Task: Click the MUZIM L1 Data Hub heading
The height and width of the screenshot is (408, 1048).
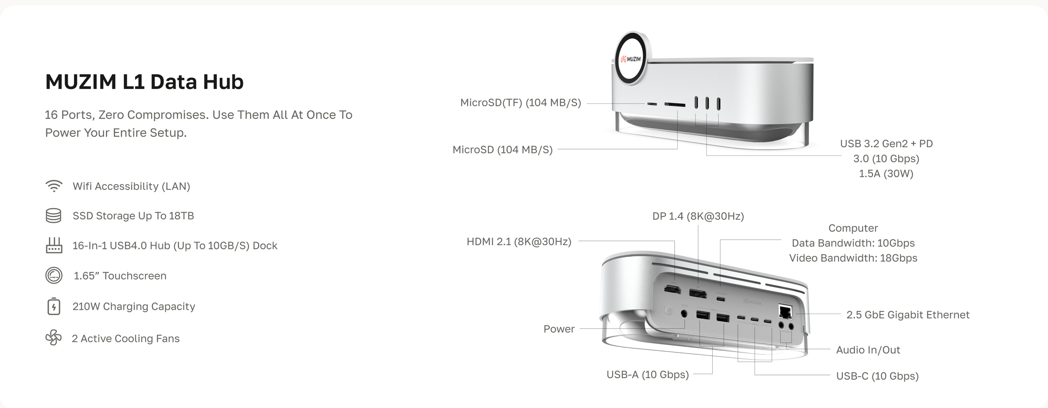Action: pos(145,82)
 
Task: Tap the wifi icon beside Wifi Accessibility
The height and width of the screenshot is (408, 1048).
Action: pos(54,186)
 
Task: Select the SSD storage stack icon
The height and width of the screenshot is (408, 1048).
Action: pos(54,215)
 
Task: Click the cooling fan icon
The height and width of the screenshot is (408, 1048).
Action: pos(54,338)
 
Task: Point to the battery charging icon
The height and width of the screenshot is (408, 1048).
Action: pos(54,306)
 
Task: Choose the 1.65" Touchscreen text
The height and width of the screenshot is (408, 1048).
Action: pos(120,276)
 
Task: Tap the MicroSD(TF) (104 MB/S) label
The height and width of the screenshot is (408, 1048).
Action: pos(521,103)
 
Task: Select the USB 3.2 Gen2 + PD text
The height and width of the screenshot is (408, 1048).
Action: pos(886,143)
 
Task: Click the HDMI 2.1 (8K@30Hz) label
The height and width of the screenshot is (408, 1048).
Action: pos(519,242)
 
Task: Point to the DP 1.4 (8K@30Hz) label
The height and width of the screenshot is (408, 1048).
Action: pos(698,216)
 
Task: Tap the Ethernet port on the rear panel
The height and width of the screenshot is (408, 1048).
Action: pos(785,312)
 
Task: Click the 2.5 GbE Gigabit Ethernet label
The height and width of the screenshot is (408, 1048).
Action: pos(908,315)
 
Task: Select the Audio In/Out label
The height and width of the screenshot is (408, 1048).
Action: pos(868,350)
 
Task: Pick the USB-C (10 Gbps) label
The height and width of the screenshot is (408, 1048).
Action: pos(877,376)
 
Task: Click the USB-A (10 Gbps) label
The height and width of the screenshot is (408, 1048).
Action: pos(648,374)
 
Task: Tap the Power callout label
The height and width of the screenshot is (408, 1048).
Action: pos(559,329)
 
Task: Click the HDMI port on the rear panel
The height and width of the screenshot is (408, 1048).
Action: pos(672,289)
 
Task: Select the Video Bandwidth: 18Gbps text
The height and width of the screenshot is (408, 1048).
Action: pos(853,258)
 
